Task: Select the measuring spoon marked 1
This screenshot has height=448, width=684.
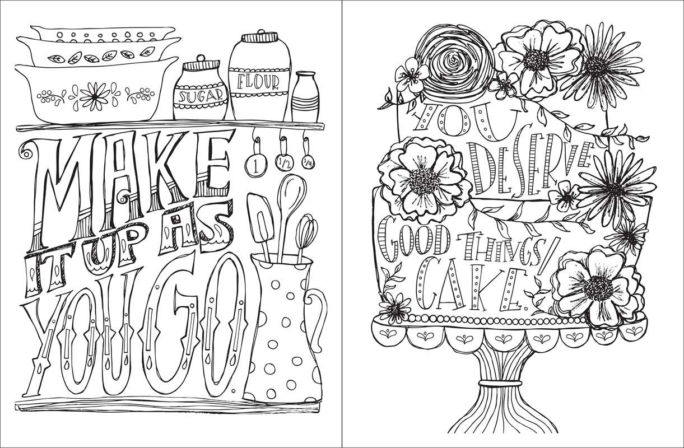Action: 255,166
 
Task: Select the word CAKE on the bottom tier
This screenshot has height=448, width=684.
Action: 471,288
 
